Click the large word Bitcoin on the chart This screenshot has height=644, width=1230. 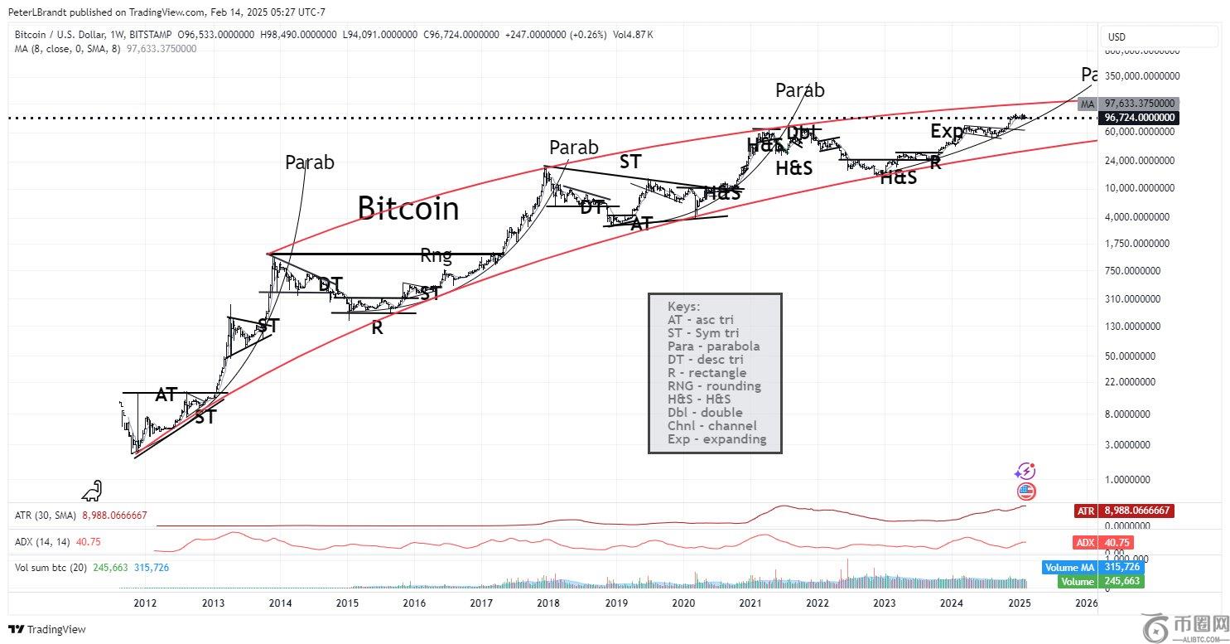click(408, 208)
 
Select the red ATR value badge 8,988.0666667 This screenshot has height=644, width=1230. click(1137, 511)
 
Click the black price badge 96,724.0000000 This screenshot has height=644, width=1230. click(1139, 118)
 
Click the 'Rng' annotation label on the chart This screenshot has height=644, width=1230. click(437, 254)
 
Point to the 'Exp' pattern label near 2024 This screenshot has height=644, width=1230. click(947, 131)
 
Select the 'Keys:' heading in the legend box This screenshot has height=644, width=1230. click(683, 306)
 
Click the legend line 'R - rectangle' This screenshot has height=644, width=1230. click(707, 372)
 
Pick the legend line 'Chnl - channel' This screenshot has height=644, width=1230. click(711, 425)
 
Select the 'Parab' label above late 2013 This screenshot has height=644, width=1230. click(310, 162)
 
